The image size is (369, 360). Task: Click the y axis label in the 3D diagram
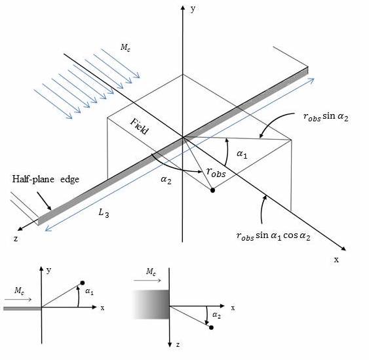point(193,9)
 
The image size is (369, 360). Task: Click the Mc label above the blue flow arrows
point(125,48)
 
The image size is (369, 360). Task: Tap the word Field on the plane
point(140,127)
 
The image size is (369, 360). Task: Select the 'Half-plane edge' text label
point(46,180)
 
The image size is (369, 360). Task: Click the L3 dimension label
point(104,213)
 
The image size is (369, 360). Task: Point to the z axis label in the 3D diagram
point(16,239)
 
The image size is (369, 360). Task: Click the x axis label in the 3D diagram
point(336,260)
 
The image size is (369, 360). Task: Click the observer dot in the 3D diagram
point(212,190)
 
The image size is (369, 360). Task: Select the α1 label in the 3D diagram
point(242,155)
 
